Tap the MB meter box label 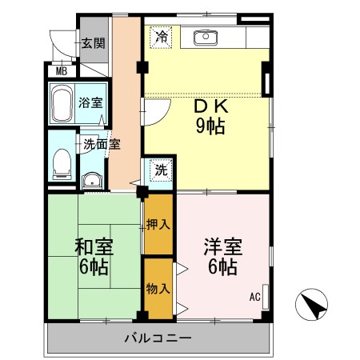61,70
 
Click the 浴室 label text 90,103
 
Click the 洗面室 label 102,145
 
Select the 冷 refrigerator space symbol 161,36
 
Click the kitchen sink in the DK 205,36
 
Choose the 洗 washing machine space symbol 161,170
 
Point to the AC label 254,298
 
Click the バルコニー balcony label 158,338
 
